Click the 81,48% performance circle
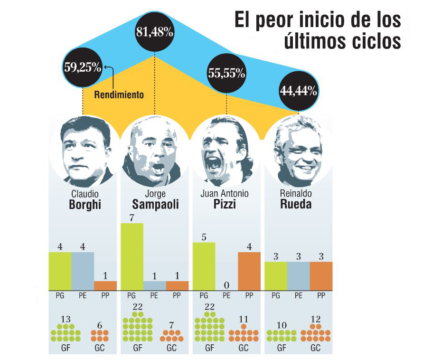(x=155, y=33)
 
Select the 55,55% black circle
(x=226, y=73)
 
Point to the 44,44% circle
(x=299, y=91)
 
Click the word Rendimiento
(x=119, y=95)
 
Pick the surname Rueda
(x=296, y=205)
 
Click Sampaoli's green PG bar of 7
(x=132, y=256)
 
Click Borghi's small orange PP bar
(x=105, y=285)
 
